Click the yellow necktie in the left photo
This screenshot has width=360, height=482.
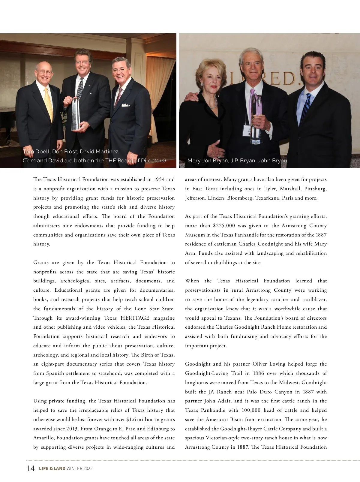[x=48, y=105]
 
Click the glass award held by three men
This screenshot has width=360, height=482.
[x=76, y=114]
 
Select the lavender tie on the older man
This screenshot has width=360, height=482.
[x=253, y=102]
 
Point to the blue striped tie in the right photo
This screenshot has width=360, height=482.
[x=306, y=108]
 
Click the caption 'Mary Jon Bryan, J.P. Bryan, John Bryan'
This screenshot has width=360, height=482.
[x=237, y=161]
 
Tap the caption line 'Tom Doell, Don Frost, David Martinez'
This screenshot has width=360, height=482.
[x=70, y=152]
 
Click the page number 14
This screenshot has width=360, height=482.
[x=31, y=468]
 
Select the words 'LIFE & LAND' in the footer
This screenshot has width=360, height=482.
[x=52, y=468]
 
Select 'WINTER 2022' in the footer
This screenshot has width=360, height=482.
[x=79, y=468]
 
